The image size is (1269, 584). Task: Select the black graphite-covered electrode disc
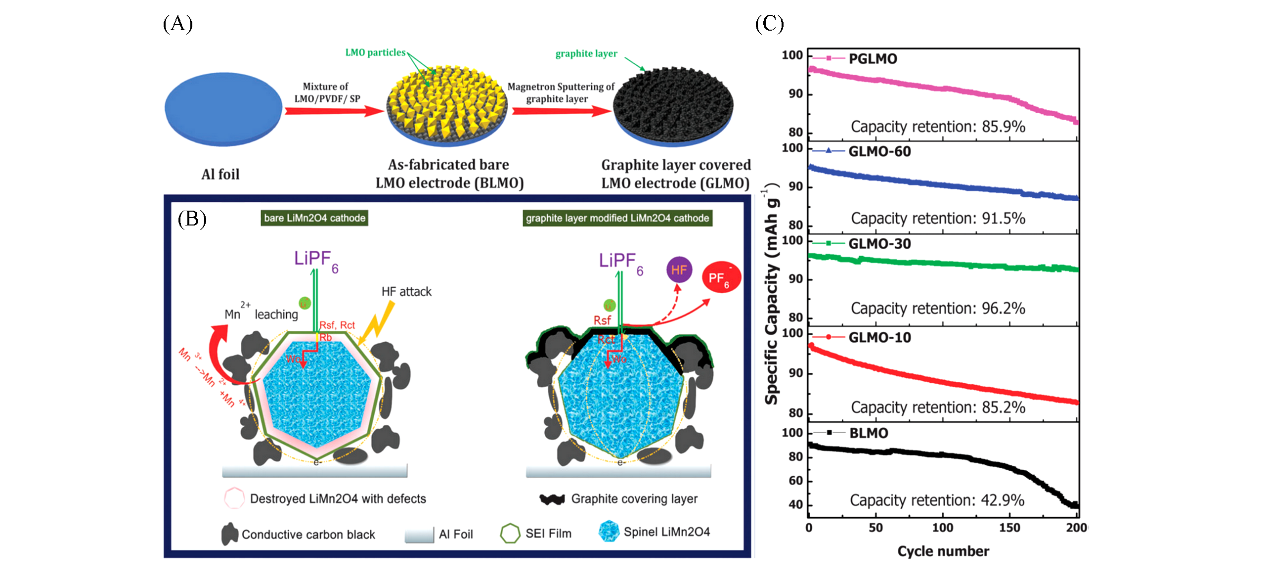[673, 106]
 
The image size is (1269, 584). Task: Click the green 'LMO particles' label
[375, 52]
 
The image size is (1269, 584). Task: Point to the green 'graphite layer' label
[586, 53]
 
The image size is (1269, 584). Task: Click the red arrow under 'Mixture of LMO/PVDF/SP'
[334, 111]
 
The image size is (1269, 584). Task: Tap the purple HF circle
[679, 270]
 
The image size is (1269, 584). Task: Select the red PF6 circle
[721, 277]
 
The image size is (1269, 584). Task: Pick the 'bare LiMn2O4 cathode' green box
[314, 218]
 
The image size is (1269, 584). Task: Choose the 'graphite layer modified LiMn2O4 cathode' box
[617, 218]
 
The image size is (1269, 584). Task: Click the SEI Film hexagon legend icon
[510, 534]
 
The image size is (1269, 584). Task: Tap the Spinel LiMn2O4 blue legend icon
[609, 532]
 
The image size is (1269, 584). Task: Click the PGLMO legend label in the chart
[873, 59]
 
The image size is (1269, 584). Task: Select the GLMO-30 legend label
[879, 244]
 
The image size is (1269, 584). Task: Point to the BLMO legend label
[869, 433]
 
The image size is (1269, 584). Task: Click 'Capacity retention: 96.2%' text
[938, 308]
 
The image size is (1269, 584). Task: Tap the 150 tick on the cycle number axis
[1009, 528]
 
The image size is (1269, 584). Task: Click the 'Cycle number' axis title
[943, 551]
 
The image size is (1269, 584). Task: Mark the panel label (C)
[769, 23]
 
